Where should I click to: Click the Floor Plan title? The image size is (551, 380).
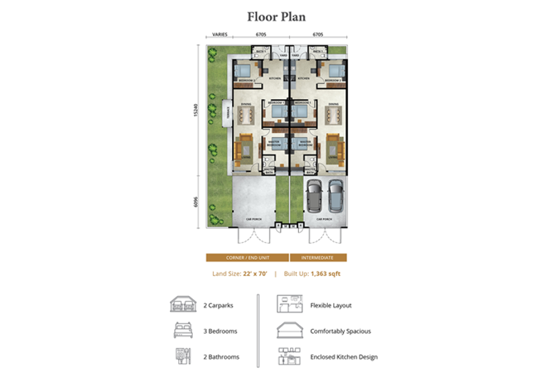coord(275,16)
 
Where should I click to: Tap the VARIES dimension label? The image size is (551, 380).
coord(220,33)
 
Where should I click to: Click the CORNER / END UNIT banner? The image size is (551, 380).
coord(247,257)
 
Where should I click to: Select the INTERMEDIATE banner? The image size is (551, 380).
coord(318,257)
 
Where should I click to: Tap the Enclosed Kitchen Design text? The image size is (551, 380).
coord(344,357)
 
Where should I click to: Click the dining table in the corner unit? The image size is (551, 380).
coord(246,114)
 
